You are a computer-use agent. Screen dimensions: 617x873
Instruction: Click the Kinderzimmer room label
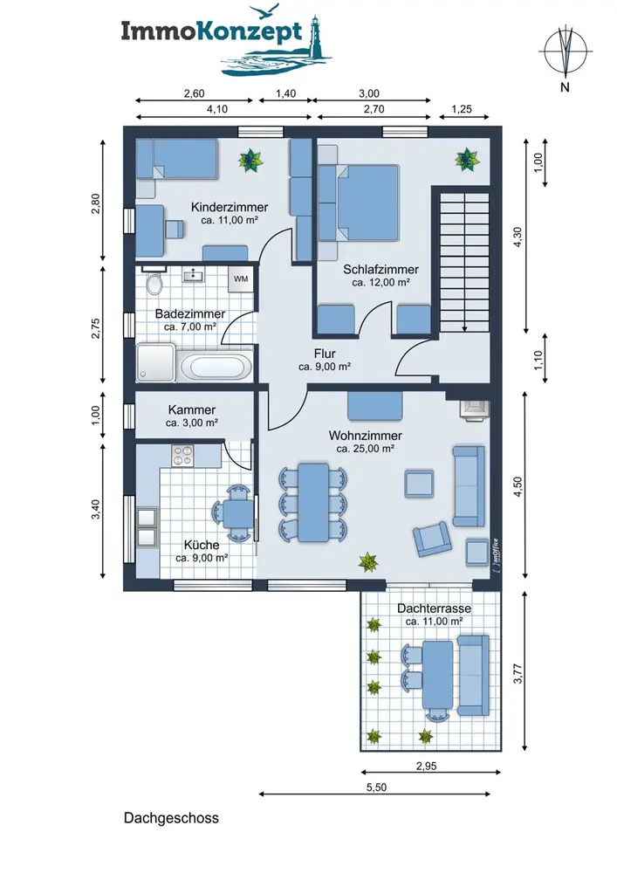230,207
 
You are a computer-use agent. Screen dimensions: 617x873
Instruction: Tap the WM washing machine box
241,279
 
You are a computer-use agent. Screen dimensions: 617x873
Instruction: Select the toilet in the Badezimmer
154,282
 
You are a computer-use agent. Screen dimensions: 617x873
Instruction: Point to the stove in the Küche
182,456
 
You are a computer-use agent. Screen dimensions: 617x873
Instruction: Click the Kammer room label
191,409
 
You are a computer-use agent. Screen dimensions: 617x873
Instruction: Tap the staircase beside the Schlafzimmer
464,262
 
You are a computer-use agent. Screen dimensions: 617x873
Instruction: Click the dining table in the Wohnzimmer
313,502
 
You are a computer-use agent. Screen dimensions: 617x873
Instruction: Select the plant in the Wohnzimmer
368,561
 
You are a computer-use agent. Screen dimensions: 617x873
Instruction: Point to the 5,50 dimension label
377,787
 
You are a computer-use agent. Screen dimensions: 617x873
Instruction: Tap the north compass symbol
566,52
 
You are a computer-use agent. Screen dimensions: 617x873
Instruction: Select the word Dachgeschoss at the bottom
171,818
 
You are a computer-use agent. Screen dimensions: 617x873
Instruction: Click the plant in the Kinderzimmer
250,161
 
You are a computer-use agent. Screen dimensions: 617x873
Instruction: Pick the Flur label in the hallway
325,354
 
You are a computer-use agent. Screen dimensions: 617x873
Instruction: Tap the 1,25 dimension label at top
461,109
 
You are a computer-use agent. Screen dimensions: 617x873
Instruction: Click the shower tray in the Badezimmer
156,363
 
